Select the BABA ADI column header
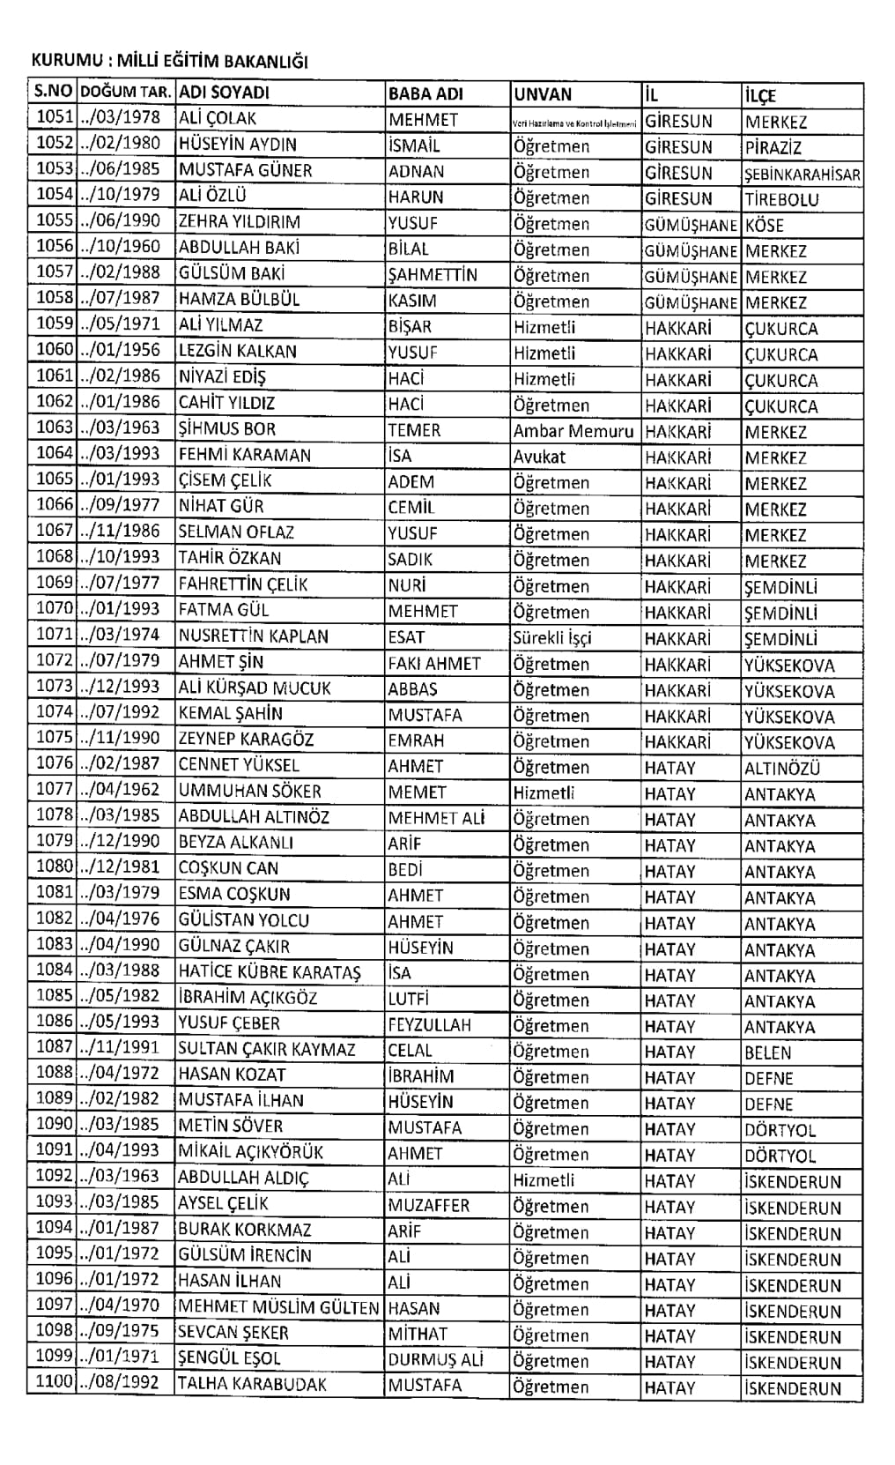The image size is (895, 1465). (425, 93)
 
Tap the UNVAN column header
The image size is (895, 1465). (543, 94)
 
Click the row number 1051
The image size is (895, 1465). (55, 118)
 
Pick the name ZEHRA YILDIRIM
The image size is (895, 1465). (240, 222)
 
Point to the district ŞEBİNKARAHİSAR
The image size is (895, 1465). (802, 175)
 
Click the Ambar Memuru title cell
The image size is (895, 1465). (573, 432)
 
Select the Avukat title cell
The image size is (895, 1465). (540, 457)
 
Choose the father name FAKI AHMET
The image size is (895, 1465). (434, 664)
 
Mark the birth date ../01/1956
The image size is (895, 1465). (121, 350)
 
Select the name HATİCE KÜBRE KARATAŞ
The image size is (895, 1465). (270, 973)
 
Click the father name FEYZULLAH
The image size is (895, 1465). (430, 1025)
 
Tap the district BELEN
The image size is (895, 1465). (768, 1052)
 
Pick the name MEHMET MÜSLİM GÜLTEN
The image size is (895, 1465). (278, 1309)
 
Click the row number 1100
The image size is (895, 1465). (55, 1382)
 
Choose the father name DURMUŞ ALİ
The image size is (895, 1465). (435, 1360)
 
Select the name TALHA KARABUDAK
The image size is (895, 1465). (252, 1385)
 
